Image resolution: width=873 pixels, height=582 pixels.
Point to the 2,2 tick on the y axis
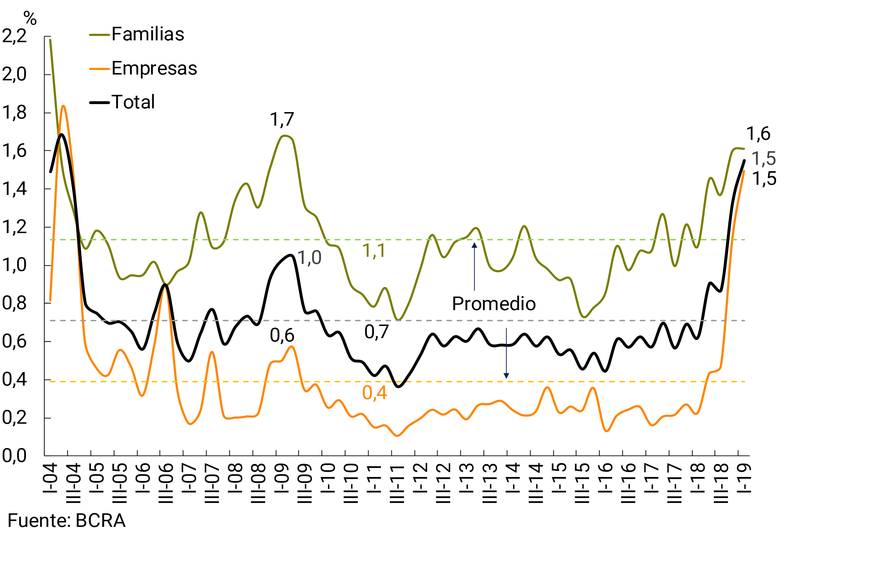(14, 36)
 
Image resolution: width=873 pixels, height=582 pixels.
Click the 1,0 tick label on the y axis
(14, 265)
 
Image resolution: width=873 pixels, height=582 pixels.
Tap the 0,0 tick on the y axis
(14, 456)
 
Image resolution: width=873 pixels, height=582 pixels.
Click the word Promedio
(494, 304)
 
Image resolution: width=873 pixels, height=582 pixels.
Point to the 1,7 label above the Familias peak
(282, 119)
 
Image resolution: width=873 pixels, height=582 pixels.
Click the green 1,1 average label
(374, 251)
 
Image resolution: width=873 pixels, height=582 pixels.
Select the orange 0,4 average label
(374, 393)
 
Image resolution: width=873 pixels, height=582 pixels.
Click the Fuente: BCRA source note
(67, 521)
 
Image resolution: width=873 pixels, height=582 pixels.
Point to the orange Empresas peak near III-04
(63, 106)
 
